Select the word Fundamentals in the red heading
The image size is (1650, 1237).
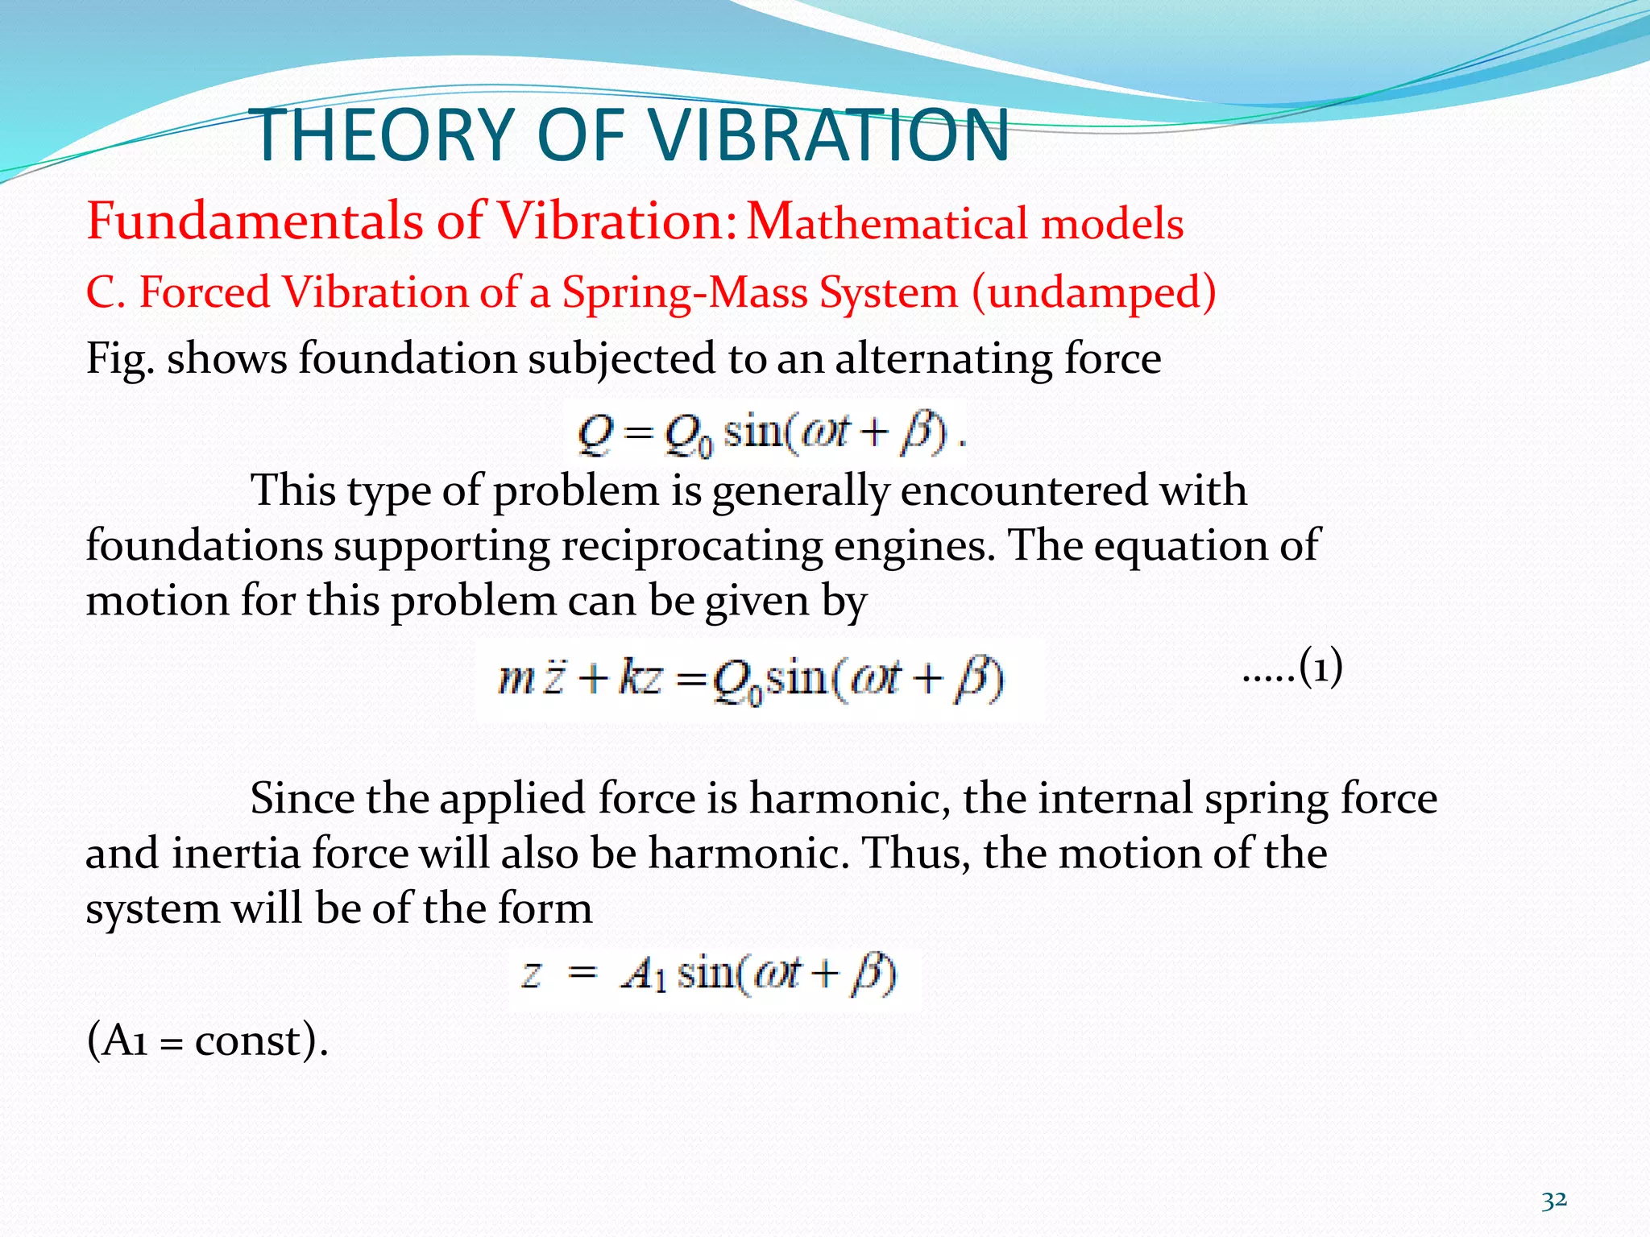point(255,221)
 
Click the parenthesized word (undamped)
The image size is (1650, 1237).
point(1094,292)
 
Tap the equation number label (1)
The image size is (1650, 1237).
point(1320,668)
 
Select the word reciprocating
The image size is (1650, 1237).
point(691,545)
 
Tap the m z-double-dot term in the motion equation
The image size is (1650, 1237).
point(529,679)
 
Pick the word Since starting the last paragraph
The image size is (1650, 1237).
point(302,799)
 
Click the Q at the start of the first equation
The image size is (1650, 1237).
point(595,434)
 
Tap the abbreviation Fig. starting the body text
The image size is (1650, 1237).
point(119,359)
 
